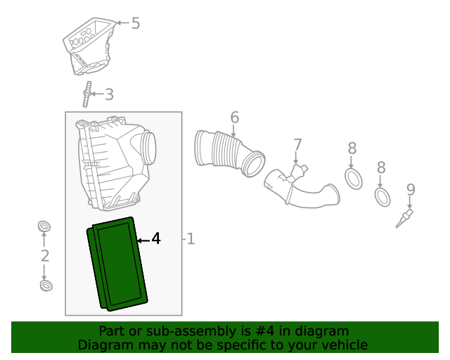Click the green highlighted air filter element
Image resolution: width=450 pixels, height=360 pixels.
[117, 264]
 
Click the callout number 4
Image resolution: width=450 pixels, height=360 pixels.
[156, 238]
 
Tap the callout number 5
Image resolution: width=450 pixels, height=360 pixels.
[136, 23]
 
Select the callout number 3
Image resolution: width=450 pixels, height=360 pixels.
[110, 94]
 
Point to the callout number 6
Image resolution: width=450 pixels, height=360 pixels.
[234, 117]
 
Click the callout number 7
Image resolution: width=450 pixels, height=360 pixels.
[297, 144]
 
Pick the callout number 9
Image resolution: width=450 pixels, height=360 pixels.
[411, 190]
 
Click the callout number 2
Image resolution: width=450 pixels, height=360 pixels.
[45, 256]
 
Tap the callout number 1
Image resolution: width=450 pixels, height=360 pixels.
[191, 239]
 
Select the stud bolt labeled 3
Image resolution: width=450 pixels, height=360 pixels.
[87, 94]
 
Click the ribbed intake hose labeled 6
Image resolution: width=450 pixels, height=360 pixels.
[230, 153]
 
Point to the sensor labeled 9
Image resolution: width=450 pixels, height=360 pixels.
[404, 219]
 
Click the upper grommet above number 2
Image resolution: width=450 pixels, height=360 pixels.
[44, 226]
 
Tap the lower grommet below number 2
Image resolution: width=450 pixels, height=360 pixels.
[46, 285]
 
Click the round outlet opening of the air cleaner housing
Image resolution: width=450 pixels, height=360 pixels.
[150, 147]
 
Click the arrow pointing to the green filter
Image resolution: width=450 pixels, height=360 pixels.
[143, 240]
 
